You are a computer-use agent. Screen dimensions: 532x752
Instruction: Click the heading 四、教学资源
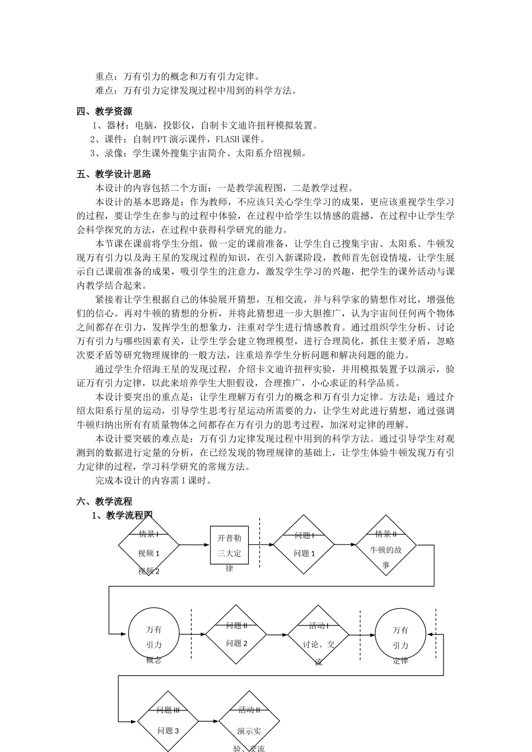click(x=104, y=111)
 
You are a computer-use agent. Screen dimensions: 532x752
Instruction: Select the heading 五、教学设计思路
click(x=114, y=174)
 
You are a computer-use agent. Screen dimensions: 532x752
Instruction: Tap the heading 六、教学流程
click(x=104, y=501)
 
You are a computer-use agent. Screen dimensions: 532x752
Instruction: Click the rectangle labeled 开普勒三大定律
click(x=229, y=545)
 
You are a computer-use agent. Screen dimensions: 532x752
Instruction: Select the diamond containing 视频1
click(x=149, y=545)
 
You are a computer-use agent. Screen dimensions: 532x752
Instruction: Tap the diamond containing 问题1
click(x=304, y=545)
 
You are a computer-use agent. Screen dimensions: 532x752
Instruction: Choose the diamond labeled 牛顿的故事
click(x=386, y=545)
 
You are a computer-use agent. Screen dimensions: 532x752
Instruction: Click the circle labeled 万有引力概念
click(x=154, y=634)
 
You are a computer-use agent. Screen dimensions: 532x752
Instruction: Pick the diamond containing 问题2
click(x=236, y=634)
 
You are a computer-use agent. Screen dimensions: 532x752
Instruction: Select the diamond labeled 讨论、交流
click(x=318, y=634)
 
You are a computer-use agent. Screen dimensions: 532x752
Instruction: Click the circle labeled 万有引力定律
click(x=400, y=634)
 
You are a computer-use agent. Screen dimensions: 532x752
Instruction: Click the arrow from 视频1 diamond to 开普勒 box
click(x=194, y=545)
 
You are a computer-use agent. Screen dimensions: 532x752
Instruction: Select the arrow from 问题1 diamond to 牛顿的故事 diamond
click(x=345, y=545)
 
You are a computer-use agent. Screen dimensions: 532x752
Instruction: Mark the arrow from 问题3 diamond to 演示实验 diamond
click(x=208, y=722)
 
